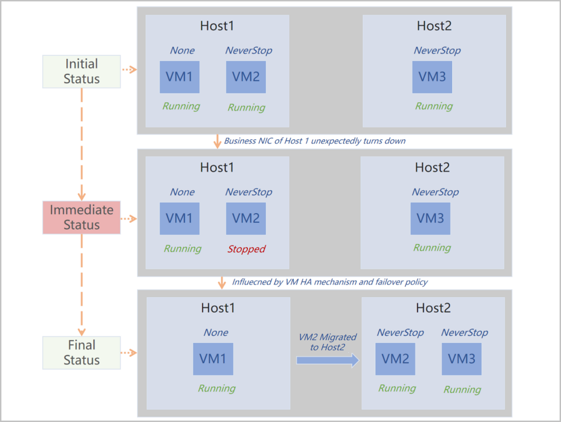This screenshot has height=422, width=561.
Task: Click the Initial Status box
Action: [81, 72]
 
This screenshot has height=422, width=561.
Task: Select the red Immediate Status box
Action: [81, 217]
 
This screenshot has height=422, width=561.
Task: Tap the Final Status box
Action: [81, 353]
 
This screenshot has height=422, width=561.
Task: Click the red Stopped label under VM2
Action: [246, 249]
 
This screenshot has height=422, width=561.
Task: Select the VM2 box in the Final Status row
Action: [395, 359]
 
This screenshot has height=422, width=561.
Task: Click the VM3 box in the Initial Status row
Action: [432, 77]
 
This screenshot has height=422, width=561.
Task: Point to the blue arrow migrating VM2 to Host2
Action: [327, 360]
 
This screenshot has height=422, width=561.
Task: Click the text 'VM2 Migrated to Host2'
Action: [327, 342]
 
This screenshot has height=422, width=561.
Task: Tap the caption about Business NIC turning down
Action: [314, 141]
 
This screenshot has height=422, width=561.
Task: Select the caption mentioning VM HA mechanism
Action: [330, 282]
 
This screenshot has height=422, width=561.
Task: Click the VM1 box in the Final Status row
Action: [213, 359]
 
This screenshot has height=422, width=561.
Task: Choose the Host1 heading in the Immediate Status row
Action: [217, 167]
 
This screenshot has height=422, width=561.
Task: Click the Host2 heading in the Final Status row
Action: [433, 308]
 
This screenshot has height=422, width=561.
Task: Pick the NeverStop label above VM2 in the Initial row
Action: [248, 50]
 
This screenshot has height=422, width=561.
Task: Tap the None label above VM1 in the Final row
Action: [216, 333]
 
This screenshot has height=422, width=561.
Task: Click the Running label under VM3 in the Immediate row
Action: [432, 248]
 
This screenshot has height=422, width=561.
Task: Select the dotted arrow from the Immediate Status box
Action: [129, 218]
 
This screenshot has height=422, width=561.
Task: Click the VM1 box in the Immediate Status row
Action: [180, 218]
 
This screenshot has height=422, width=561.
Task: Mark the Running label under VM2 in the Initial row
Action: [246, 107]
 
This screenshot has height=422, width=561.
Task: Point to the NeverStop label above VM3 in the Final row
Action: [464, 333]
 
